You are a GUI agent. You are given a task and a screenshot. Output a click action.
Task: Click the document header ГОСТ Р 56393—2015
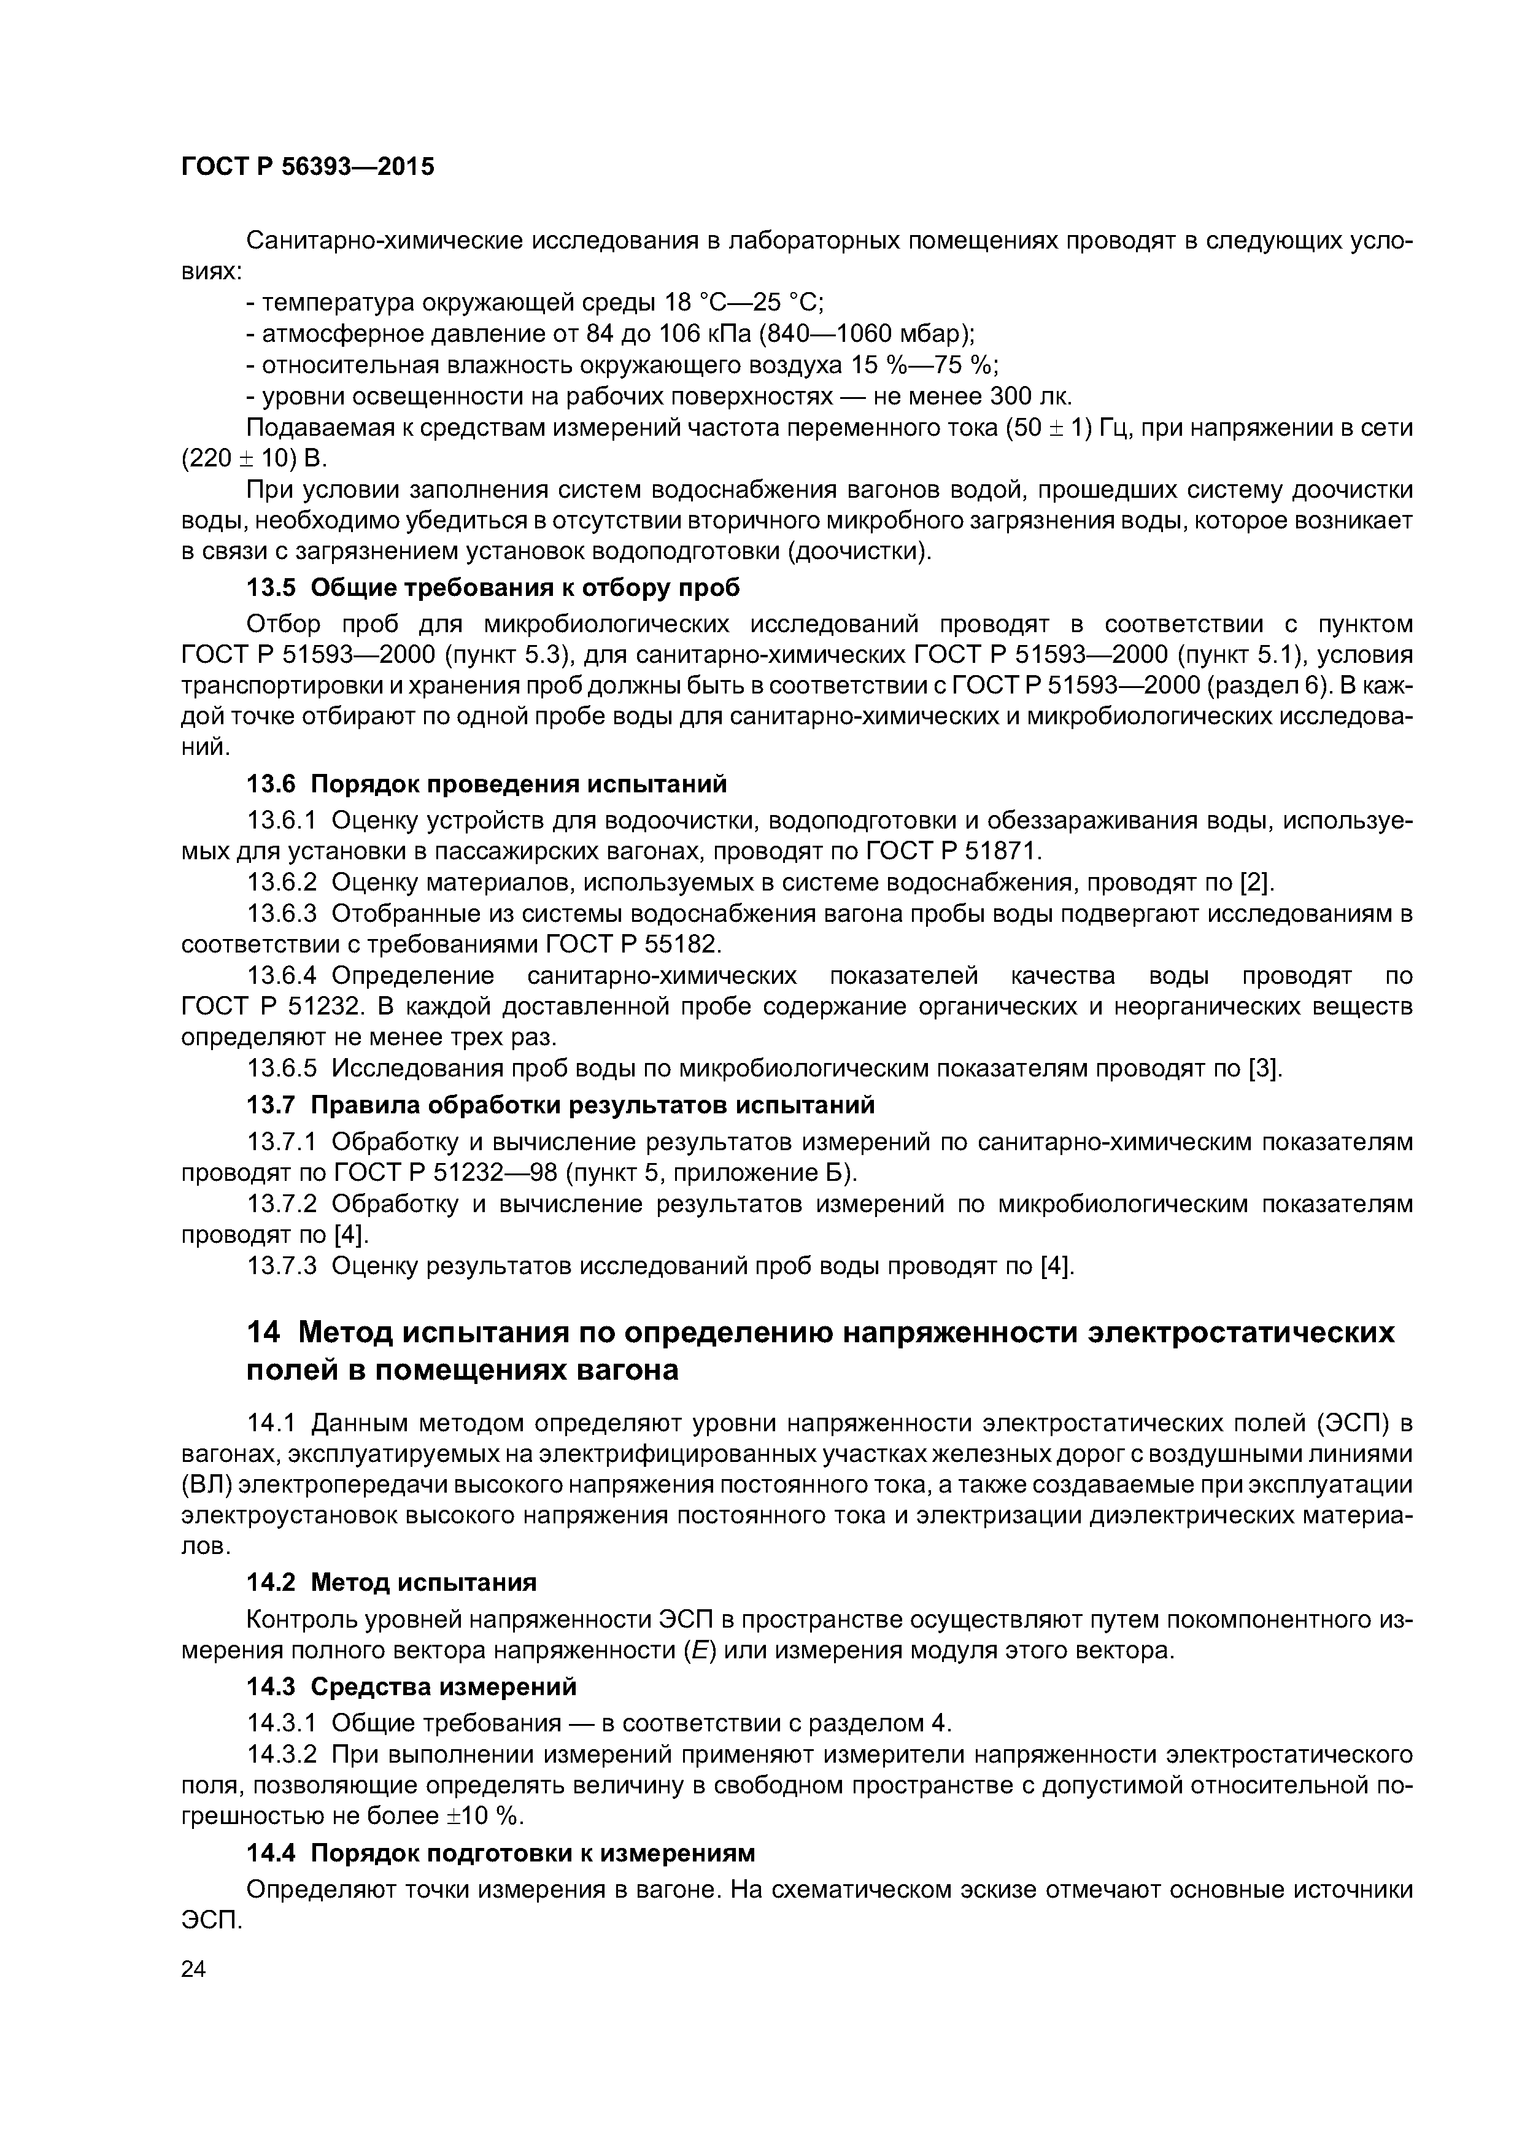point(307,168)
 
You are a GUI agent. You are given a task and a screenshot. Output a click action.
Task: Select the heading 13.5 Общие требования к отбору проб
point(492,588)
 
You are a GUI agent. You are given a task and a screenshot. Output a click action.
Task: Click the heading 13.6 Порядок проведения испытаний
point(486,783)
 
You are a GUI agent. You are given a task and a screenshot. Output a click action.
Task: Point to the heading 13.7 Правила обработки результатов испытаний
point(560,1105)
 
